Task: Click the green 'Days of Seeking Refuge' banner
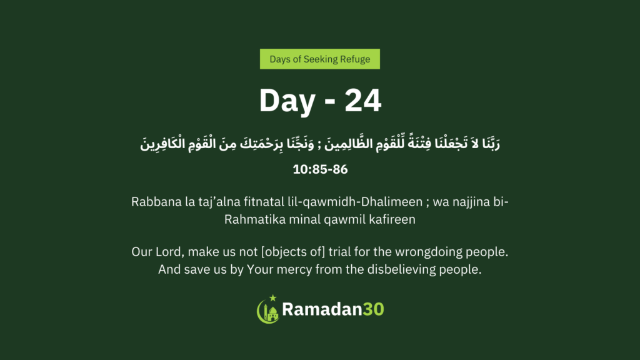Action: coord(319,59)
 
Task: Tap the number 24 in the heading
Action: coord(363,101)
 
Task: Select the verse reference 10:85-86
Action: coord(320,169)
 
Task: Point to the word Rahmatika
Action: coord(255,219)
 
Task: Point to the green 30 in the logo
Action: coord(373,309)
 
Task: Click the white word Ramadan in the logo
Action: coord(322,309)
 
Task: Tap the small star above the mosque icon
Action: coord(272,298)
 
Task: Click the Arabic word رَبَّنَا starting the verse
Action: coord(491,143)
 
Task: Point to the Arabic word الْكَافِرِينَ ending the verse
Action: coord(157,144)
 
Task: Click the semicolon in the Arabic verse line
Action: coord(319,145)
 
